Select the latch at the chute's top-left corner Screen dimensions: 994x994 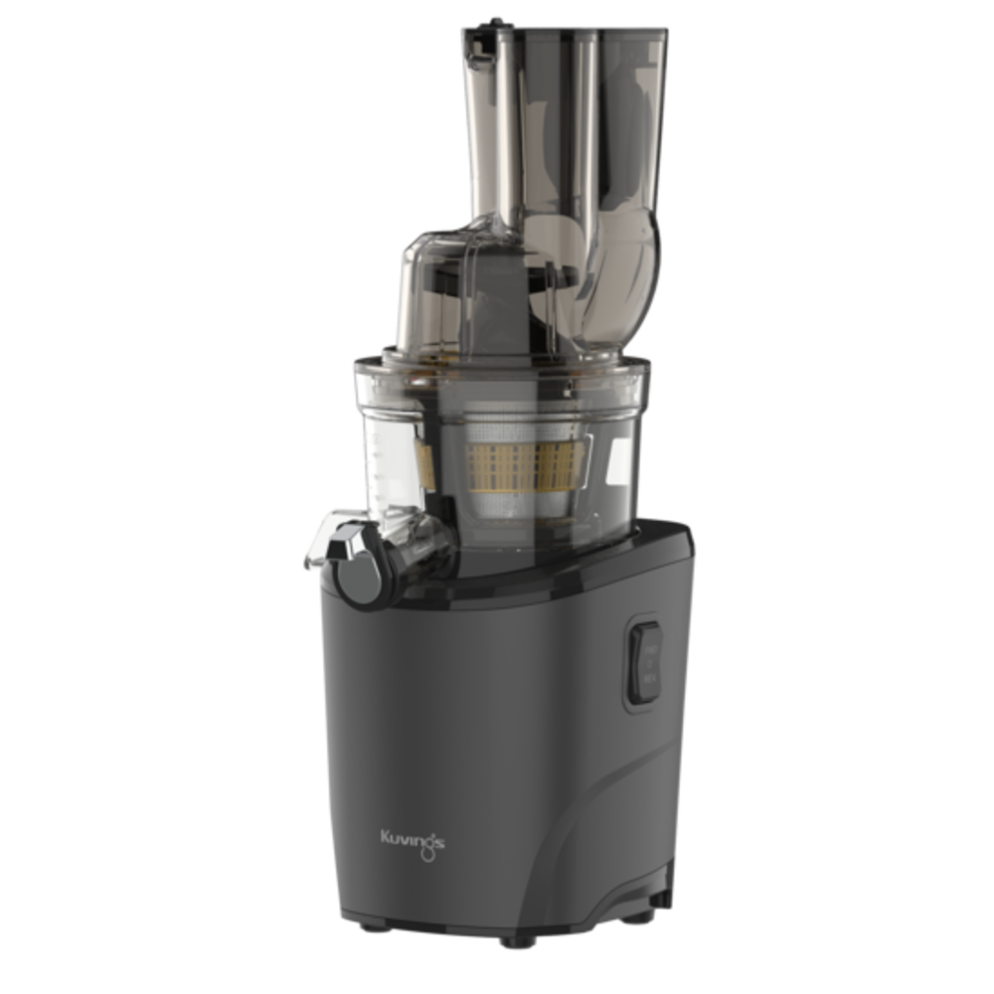[480, 43]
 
